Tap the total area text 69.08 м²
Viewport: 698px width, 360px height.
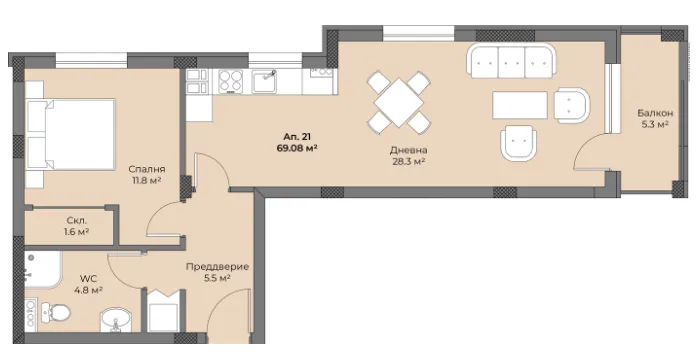click(298, 147)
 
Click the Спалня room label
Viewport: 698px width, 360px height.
click(147, 169)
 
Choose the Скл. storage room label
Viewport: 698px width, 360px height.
click(77, 219)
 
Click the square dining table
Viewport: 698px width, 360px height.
click(400, 101)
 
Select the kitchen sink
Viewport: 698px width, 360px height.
click(265, 81)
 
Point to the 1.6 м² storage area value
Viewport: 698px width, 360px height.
click(77, 231)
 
